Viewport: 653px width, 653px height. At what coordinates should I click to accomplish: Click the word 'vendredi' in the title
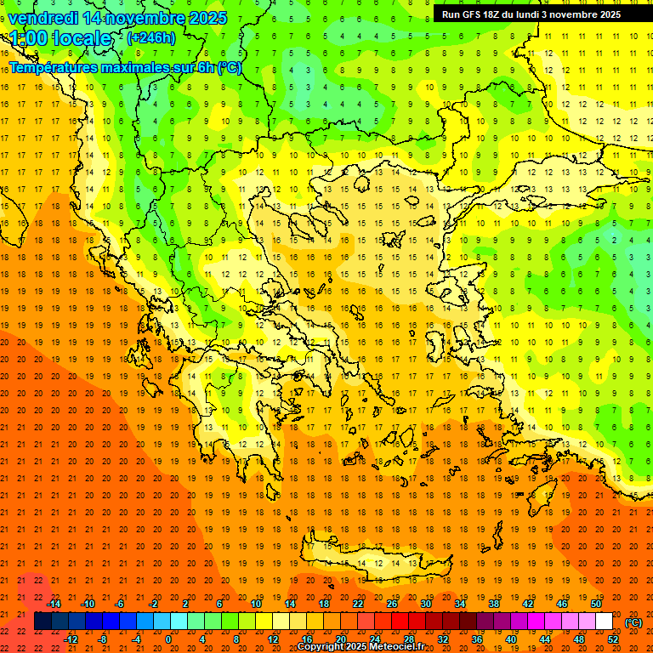coord(43,18)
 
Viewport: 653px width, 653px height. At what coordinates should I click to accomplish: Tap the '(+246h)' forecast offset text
coord(151,37)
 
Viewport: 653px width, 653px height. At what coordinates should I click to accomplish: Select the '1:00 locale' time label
coord(61,38)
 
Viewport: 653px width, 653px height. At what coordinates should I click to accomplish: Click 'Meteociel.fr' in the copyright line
coord(397,647)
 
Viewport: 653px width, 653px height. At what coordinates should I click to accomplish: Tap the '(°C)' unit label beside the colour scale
coord(633,622)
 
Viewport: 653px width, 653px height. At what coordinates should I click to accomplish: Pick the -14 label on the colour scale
coord(54,604)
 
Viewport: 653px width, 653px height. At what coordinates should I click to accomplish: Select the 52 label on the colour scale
coord(612,639)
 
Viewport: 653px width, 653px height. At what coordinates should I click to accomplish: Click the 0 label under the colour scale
coord(168,639)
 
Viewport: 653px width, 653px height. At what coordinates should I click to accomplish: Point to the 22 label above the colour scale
coord(358,604)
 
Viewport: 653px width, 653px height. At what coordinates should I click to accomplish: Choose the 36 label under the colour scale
coord(476,639)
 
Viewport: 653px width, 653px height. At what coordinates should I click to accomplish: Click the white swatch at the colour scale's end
coord(604,622)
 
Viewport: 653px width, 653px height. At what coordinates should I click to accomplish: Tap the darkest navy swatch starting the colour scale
coord(43,622)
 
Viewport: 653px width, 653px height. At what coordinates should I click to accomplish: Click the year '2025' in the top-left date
coord(206,18)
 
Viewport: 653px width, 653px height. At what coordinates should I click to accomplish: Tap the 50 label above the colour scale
coord(596,604)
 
